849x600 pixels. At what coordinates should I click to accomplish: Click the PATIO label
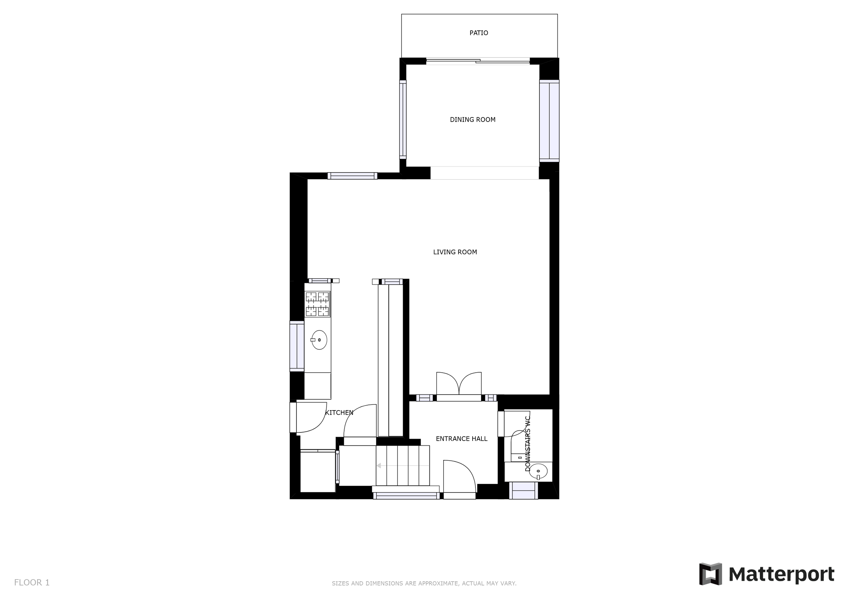coord(479,33)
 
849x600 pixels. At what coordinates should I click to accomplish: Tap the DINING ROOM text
coord(472,120)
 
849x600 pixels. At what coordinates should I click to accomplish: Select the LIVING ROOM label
coord(455,252)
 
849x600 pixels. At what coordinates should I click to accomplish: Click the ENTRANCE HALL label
coord(462,439)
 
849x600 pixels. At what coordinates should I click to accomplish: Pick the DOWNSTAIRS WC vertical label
coord(528,444)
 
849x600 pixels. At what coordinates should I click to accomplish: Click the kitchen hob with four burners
coord(317,304)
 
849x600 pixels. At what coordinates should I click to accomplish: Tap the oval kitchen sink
coord(319,340)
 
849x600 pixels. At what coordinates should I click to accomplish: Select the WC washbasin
coord(538,471)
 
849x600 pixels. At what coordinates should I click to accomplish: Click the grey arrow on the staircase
coord(379,465)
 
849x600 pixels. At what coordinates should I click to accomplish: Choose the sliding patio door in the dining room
coord(478,62)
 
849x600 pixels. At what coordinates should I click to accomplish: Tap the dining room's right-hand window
coord(549,121)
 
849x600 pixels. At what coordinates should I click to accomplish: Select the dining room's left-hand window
coord(403,120)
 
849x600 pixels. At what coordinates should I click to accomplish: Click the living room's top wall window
coord(352,176)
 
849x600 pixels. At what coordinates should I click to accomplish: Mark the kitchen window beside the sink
coord(296,346)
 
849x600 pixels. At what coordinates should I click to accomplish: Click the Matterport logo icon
coord(710,574)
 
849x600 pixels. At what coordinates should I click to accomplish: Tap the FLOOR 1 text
coord(32,583)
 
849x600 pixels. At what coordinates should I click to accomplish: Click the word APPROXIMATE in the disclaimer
coord(433,583)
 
